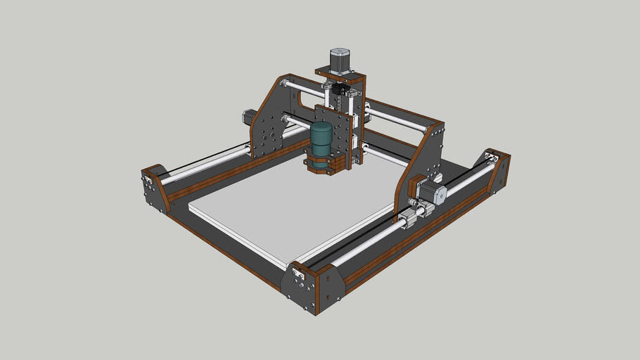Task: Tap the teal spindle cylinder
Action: click(x=321, y=139)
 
